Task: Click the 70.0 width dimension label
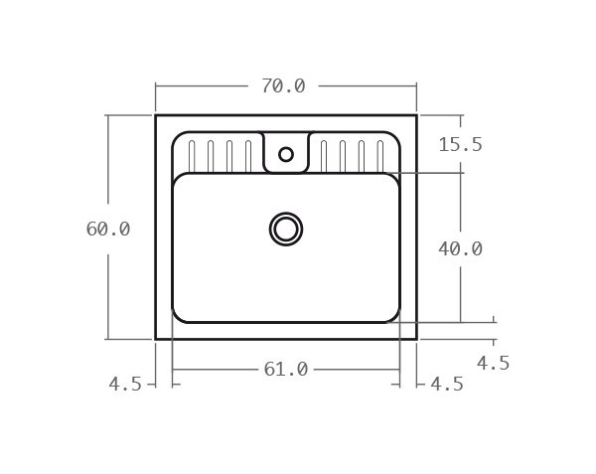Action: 283,86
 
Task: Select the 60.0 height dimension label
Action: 108,229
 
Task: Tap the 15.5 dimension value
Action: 460,145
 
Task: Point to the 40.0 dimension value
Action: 460,249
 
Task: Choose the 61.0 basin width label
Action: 286,370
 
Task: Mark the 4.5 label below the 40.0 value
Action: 493,364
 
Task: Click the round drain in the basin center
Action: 286,229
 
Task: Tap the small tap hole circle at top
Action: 286,154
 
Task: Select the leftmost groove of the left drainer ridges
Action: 192,156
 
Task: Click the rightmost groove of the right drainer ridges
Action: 379,156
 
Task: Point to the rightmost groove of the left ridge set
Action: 247,156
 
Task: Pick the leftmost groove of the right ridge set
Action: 324,156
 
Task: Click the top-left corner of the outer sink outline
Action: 156,115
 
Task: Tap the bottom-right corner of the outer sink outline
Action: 416,339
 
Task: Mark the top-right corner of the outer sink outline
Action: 416,115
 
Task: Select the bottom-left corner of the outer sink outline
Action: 156,339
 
